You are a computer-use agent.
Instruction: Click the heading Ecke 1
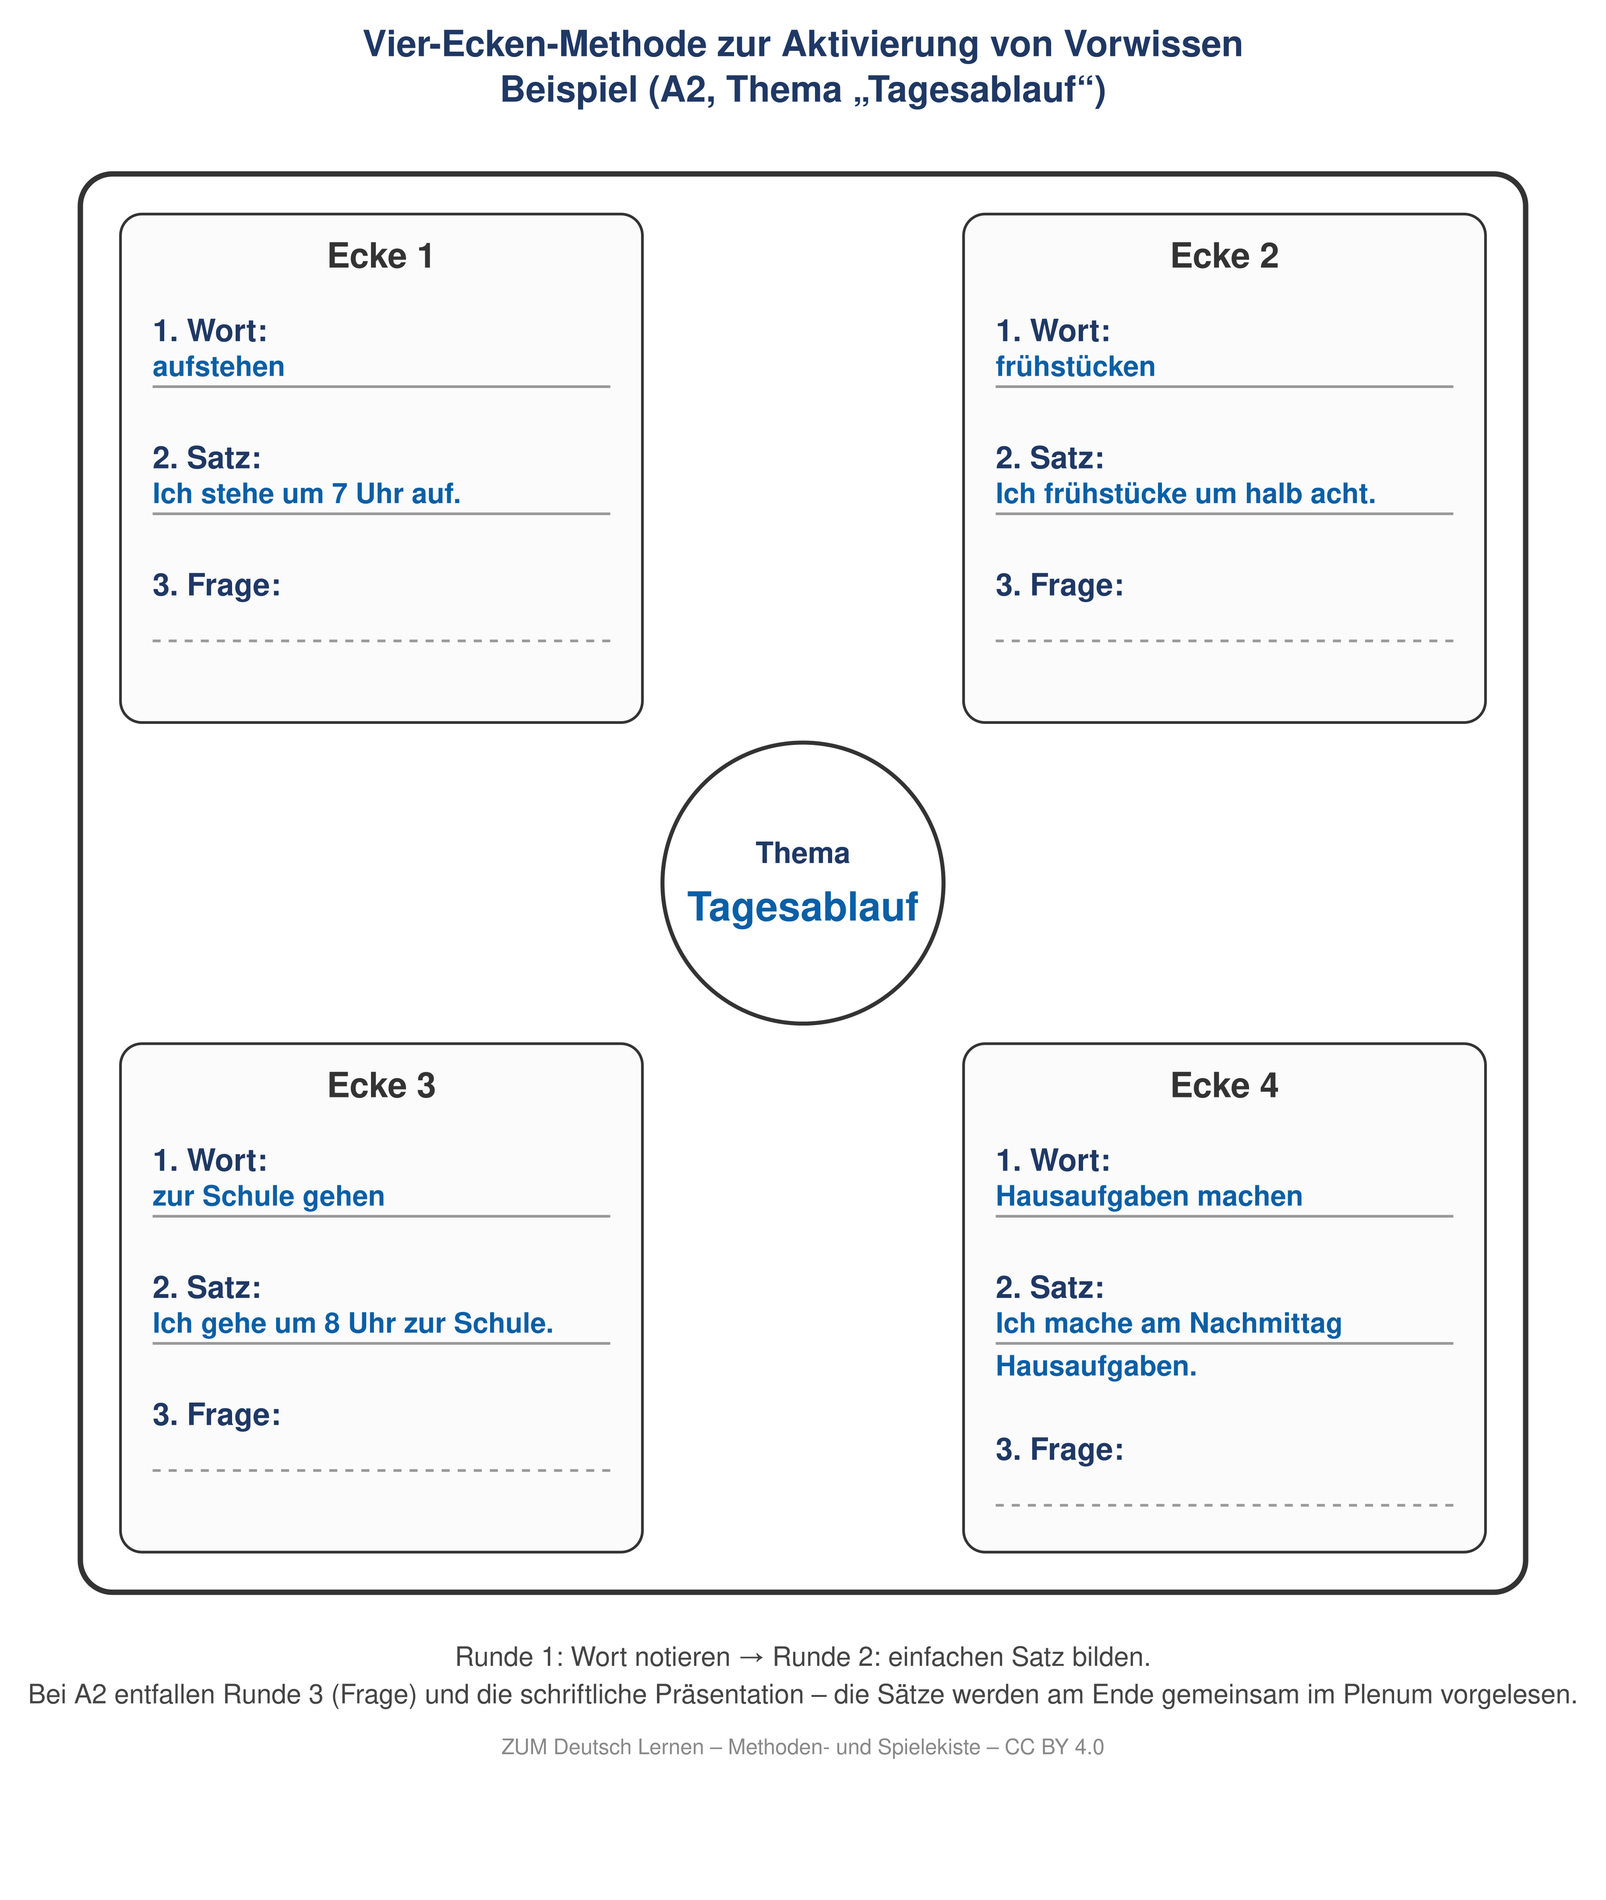(x=381, y=256)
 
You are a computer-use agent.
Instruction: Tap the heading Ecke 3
(x=381, y=1085)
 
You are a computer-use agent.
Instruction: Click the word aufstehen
(x=219, y=367)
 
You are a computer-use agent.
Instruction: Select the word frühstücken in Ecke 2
(x=1075, y=367)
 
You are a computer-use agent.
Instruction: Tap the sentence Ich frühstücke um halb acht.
(x=1185, y=494)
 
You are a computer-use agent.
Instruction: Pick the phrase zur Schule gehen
(x=268, y=1196)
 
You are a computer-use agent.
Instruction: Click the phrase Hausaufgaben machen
(x=1149, y=1196)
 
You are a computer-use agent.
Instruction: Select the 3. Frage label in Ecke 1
(x=217, y=585)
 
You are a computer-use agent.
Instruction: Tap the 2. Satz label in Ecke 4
(x=1050, y=1287)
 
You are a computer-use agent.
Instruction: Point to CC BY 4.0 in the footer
(x=1054, y=1747)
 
